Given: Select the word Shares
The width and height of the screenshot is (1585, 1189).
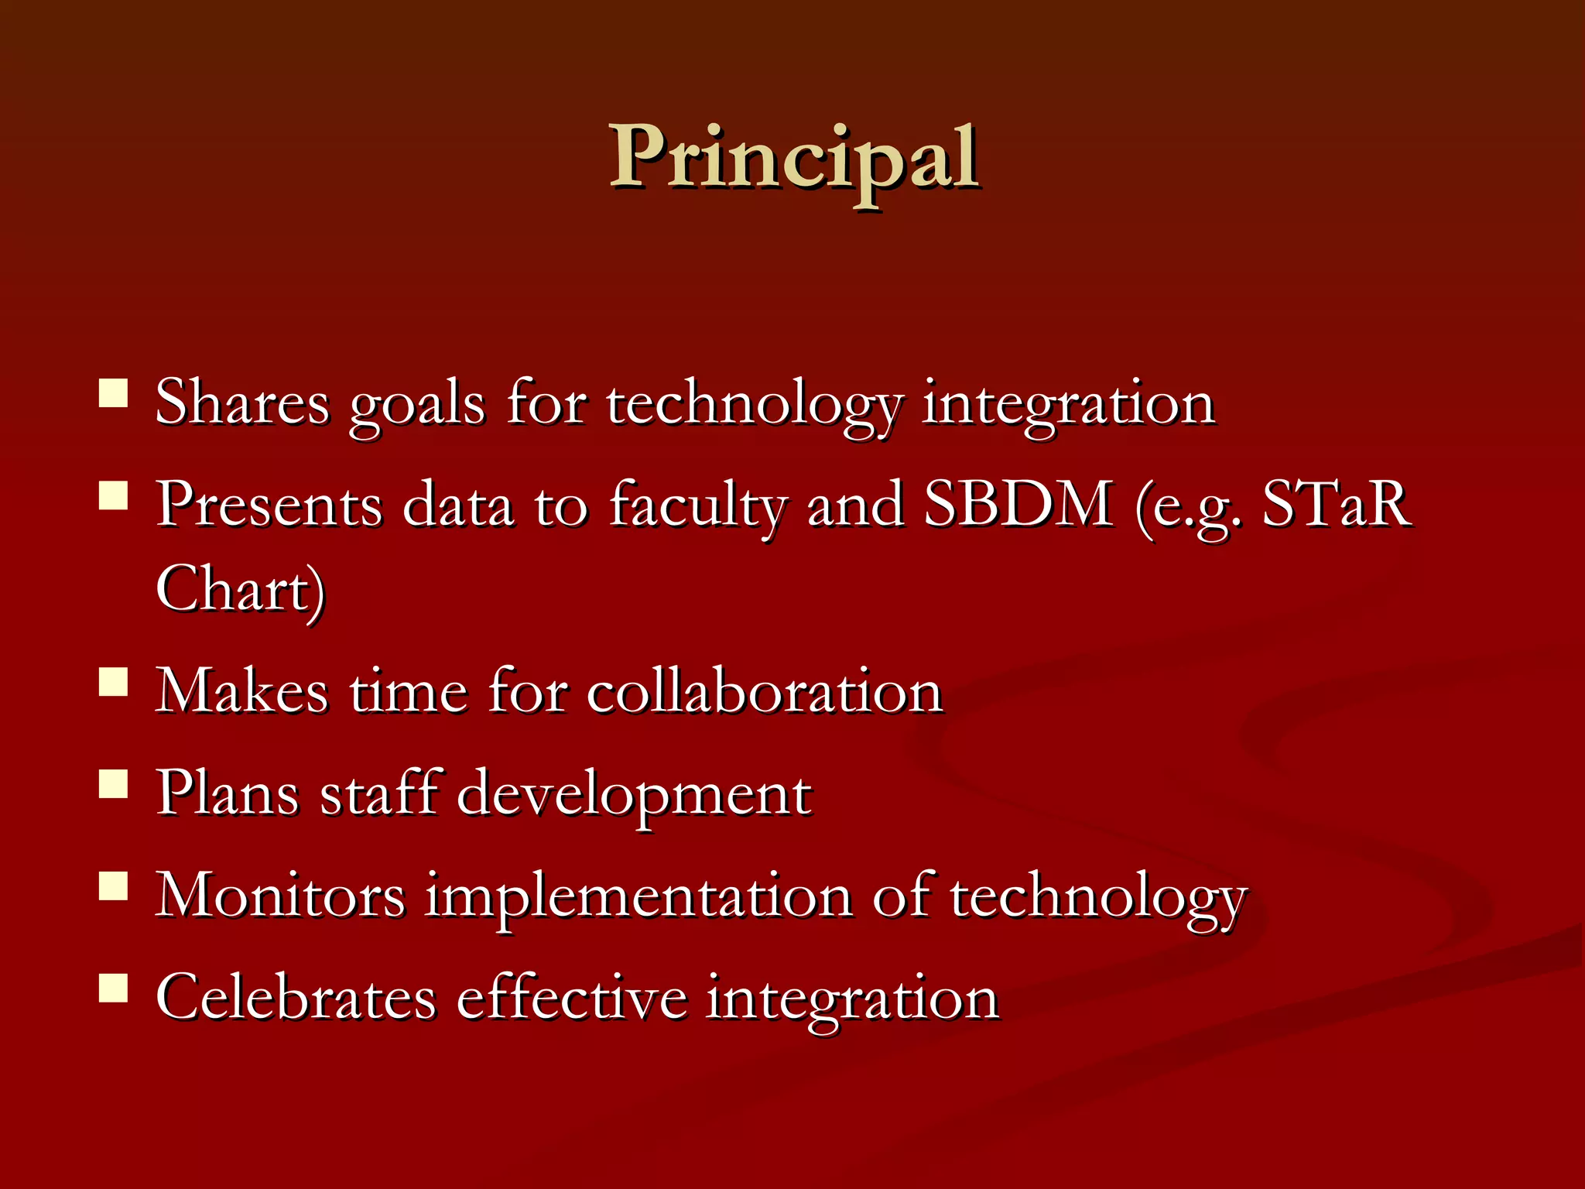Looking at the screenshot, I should click(241, 403).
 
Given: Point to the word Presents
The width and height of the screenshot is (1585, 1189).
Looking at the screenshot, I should click(269, 505).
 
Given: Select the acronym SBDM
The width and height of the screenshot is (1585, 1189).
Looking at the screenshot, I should click(1018, 505).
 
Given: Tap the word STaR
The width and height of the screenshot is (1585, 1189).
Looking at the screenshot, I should click(1337, 505).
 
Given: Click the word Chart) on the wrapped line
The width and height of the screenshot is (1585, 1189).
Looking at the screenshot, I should click(240, 590).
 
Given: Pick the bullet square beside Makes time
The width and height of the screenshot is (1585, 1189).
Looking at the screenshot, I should click(114, 682).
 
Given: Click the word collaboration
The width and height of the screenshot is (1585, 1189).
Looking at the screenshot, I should click(764, 690).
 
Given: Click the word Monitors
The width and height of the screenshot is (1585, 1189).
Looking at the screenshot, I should click(279, 895).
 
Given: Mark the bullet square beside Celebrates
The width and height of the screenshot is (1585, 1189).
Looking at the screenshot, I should click(114, 988).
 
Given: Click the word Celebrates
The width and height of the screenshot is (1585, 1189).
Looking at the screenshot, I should click(296, 997).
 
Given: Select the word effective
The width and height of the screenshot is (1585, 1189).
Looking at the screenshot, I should click(571, 997).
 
